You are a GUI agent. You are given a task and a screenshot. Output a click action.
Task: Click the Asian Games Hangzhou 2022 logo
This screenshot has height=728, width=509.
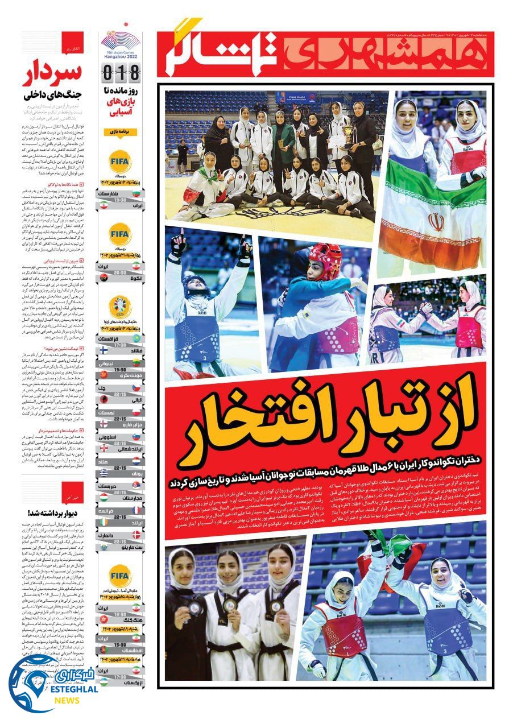point(120,43)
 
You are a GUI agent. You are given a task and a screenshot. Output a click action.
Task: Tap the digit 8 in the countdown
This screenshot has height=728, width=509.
point(134,73)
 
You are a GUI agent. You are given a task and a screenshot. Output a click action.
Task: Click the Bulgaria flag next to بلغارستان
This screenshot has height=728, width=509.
point(136,194)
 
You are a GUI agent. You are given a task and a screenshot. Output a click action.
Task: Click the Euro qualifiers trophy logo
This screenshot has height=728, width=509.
point(120,308)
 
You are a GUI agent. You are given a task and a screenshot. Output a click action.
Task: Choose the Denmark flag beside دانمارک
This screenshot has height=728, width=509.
point(136,535)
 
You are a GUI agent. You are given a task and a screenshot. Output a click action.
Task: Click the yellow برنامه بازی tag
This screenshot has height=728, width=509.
point(120,132)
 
